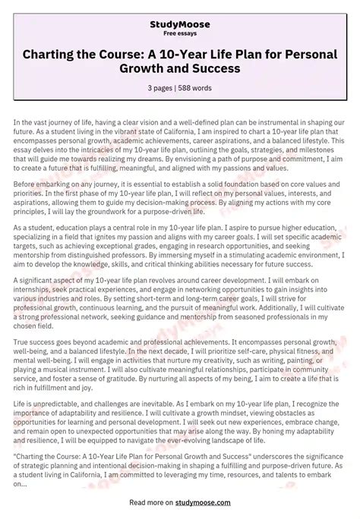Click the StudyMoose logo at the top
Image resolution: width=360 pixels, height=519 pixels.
(x=180, y=24)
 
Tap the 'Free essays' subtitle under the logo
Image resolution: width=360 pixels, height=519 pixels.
(x=180, y=34)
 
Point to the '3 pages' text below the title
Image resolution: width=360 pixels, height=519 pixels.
(x=159, y=88)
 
